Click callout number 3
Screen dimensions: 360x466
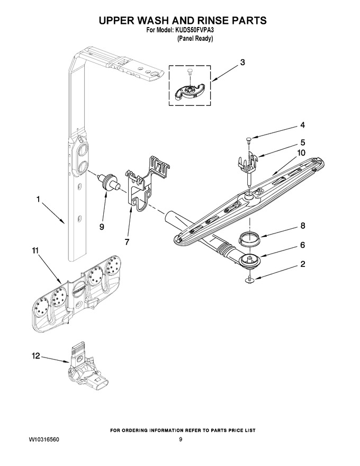[x=242, y=62]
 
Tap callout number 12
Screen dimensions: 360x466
[x=36, y=356]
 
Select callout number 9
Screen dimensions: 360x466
[x=102, y=227]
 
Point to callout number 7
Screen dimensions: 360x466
[x=127, y=242]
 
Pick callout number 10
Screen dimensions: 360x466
[x=301, y=153]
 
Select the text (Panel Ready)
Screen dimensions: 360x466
[x=195, y=39]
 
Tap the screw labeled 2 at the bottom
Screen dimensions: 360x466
[x=249, y=279]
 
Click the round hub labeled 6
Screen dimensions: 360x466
[x=249, y=261]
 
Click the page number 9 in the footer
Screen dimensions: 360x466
[x=181, y=439]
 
